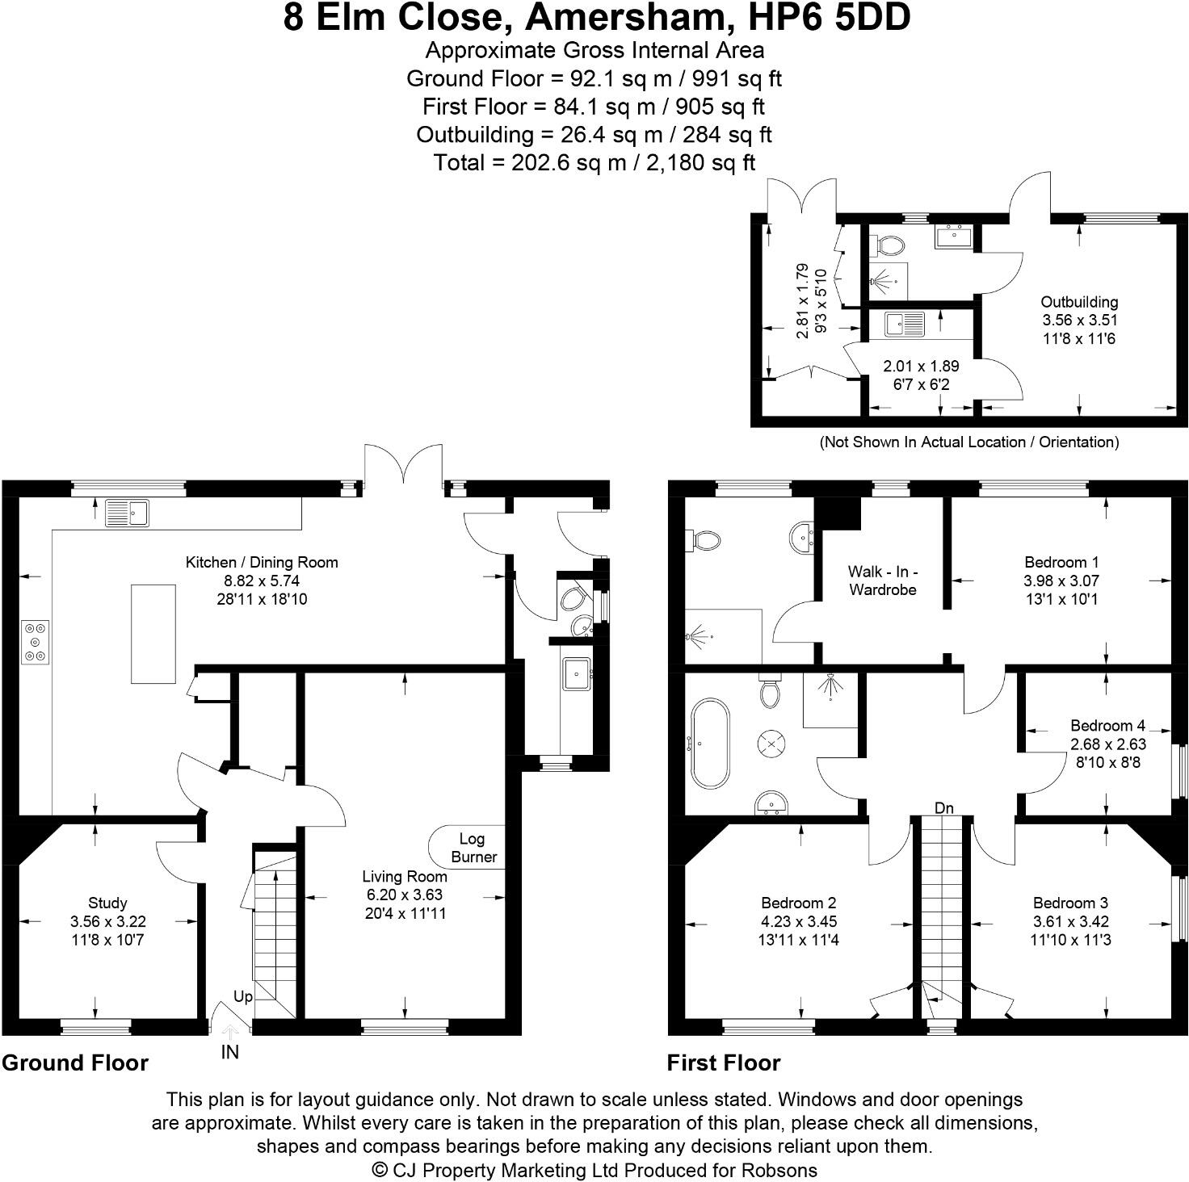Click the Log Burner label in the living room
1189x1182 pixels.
pos(473,848)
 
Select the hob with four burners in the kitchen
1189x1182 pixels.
pos(36,642)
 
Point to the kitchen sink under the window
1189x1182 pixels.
pos(127,513)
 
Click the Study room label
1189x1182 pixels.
pos(107,903)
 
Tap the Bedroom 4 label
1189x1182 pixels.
pos(1107,725)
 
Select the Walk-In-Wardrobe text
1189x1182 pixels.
pos(882,581)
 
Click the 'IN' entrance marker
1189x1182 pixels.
pos(230,1052)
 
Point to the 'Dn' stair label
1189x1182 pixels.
pos(943,807)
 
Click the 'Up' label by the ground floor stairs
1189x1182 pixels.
pos(242,996)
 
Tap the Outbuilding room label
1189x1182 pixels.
pos(1079,302)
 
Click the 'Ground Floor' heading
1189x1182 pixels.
pos(75,1063)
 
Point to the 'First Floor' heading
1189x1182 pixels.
pos(723,1063)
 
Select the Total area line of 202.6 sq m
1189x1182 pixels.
pos(594,162)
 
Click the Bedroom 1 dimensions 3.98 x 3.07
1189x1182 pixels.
pos(1061,581)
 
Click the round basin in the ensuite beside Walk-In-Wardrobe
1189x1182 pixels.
pos(803,534)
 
